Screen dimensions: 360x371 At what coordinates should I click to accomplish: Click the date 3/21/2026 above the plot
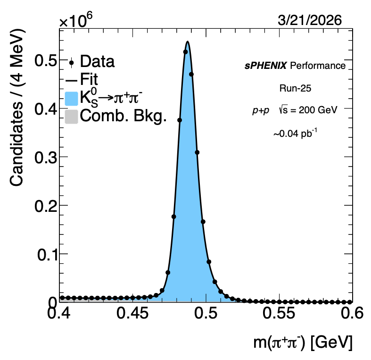(310, 20)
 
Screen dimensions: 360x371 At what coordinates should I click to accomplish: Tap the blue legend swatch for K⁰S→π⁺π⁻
(71, 100)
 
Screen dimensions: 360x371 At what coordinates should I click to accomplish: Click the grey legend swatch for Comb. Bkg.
(71, 116)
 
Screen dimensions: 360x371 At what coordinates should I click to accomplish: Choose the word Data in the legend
(98, 61)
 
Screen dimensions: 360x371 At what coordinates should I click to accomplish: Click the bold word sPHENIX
(265, 66)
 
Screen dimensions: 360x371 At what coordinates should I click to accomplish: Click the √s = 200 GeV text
(308, 110)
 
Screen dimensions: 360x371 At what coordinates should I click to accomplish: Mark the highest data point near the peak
(185, 51)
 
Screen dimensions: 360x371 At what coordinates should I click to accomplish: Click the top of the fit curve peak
(188, 42)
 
